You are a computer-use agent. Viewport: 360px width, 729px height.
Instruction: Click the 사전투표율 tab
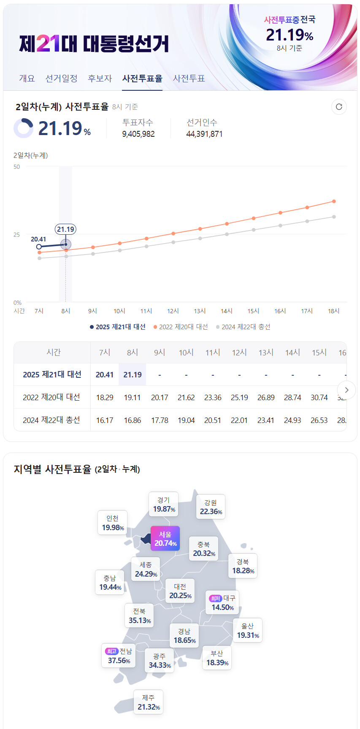tap(142, 79)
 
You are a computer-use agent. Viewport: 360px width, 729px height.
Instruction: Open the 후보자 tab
tap(100, 79)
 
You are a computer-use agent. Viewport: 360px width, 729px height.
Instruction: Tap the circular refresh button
tap(339, 107)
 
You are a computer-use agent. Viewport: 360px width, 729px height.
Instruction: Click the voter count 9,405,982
tap(138, 134)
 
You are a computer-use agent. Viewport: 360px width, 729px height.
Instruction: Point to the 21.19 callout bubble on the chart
tap(65, 229)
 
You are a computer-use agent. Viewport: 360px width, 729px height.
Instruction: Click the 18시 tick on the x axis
tap(333, 311)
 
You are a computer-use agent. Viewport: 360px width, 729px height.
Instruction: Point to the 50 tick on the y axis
tap(16, 167)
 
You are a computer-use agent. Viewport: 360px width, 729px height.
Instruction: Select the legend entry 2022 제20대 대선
tap(181, 327)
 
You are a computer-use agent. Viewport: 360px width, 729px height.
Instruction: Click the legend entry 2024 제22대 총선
tap(244, 327)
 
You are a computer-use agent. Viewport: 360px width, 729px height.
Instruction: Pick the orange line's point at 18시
tap(334, 201)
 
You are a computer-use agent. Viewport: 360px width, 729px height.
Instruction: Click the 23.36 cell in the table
tap(213, 397)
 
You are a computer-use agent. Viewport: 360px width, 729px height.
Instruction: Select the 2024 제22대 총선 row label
tap(51, 420)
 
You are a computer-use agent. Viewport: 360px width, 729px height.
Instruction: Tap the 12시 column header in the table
tap(239, 352)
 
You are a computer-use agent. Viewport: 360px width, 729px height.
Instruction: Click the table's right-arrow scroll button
tap(346, 390)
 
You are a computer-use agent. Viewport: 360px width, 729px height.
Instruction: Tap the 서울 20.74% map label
tap(165, 539)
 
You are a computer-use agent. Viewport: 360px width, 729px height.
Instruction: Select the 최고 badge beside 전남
tap(111, 651)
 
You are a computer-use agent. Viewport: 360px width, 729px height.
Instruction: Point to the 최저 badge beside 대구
tap(215, 598)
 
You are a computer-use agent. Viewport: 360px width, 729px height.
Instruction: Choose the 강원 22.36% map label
tap(211, 507)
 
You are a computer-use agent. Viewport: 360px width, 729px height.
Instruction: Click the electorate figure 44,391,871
tap(204, 134)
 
